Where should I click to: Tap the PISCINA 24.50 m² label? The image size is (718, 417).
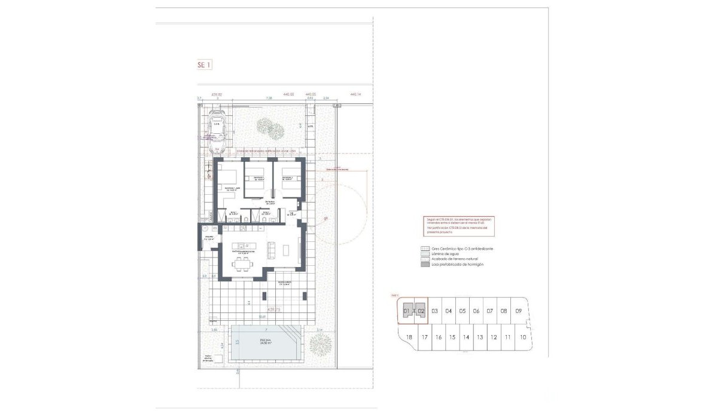click(265, 342)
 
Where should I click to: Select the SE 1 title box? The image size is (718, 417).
click(204, 65)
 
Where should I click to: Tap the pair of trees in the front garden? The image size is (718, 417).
click(270, 127)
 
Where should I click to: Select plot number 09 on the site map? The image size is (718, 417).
click(519, 311)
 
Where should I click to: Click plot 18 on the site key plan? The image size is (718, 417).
click(409, 338)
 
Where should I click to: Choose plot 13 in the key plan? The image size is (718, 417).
click(480, 338)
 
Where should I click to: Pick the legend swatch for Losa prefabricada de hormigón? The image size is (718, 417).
click(425, 265)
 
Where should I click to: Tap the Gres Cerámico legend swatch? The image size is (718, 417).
click(425, 249)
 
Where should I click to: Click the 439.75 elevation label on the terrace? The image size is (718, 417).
click(274, 309)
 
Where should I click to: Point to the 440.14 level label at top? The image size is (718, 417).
click(357, 94)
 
